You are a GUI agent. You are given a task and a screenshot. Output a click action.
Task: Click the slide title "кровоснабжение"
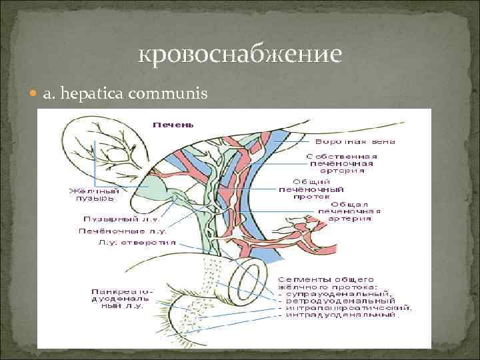point(239,54)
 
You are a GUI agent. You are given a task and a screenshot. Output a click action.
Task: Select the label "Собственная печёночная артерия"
point(340,163)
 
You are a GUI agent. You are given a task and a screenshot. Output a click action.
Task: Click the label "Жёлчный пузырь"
point(93,194)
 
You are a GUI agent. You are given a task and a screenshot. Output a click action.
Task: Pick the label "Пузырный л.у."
point(110,219)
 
